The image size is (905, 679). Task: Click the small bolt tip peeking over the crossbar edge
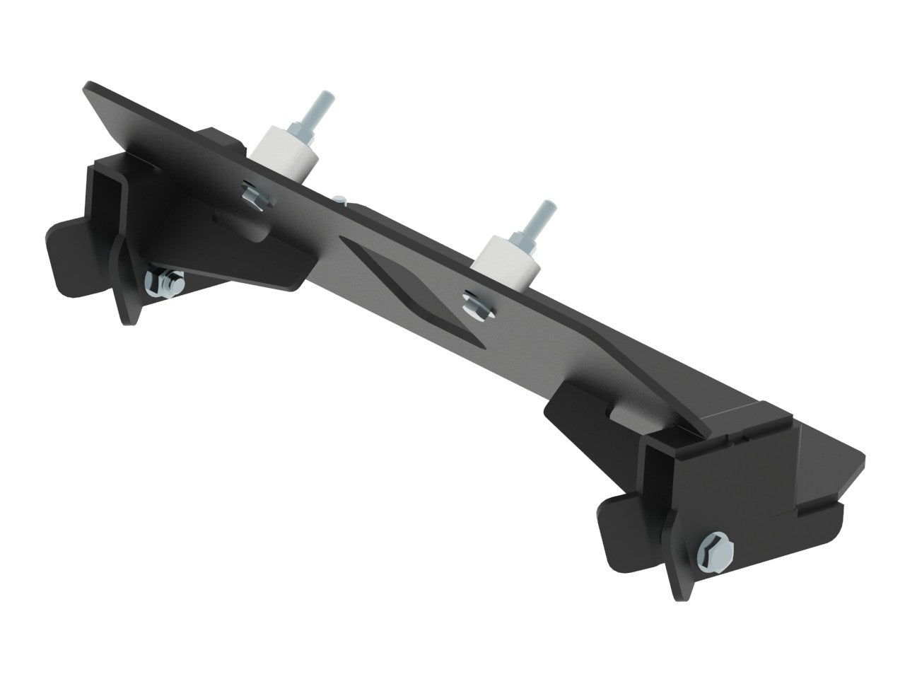click(341, 199)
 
